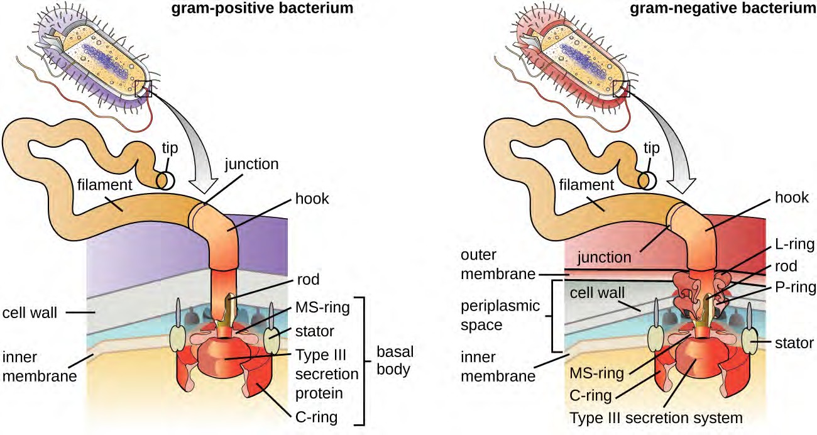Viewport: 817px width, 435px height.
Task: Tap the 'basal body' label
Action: [x=393, y=360]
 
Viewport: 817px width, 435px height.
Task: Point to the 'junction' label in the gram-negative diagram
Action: [x=605, y=257]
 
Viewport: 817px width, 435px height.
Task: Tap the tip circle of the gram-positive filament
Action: [x=166, y=180]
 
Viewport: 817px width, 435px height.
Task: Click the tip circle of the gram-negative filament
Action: [x=647, y=180]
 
